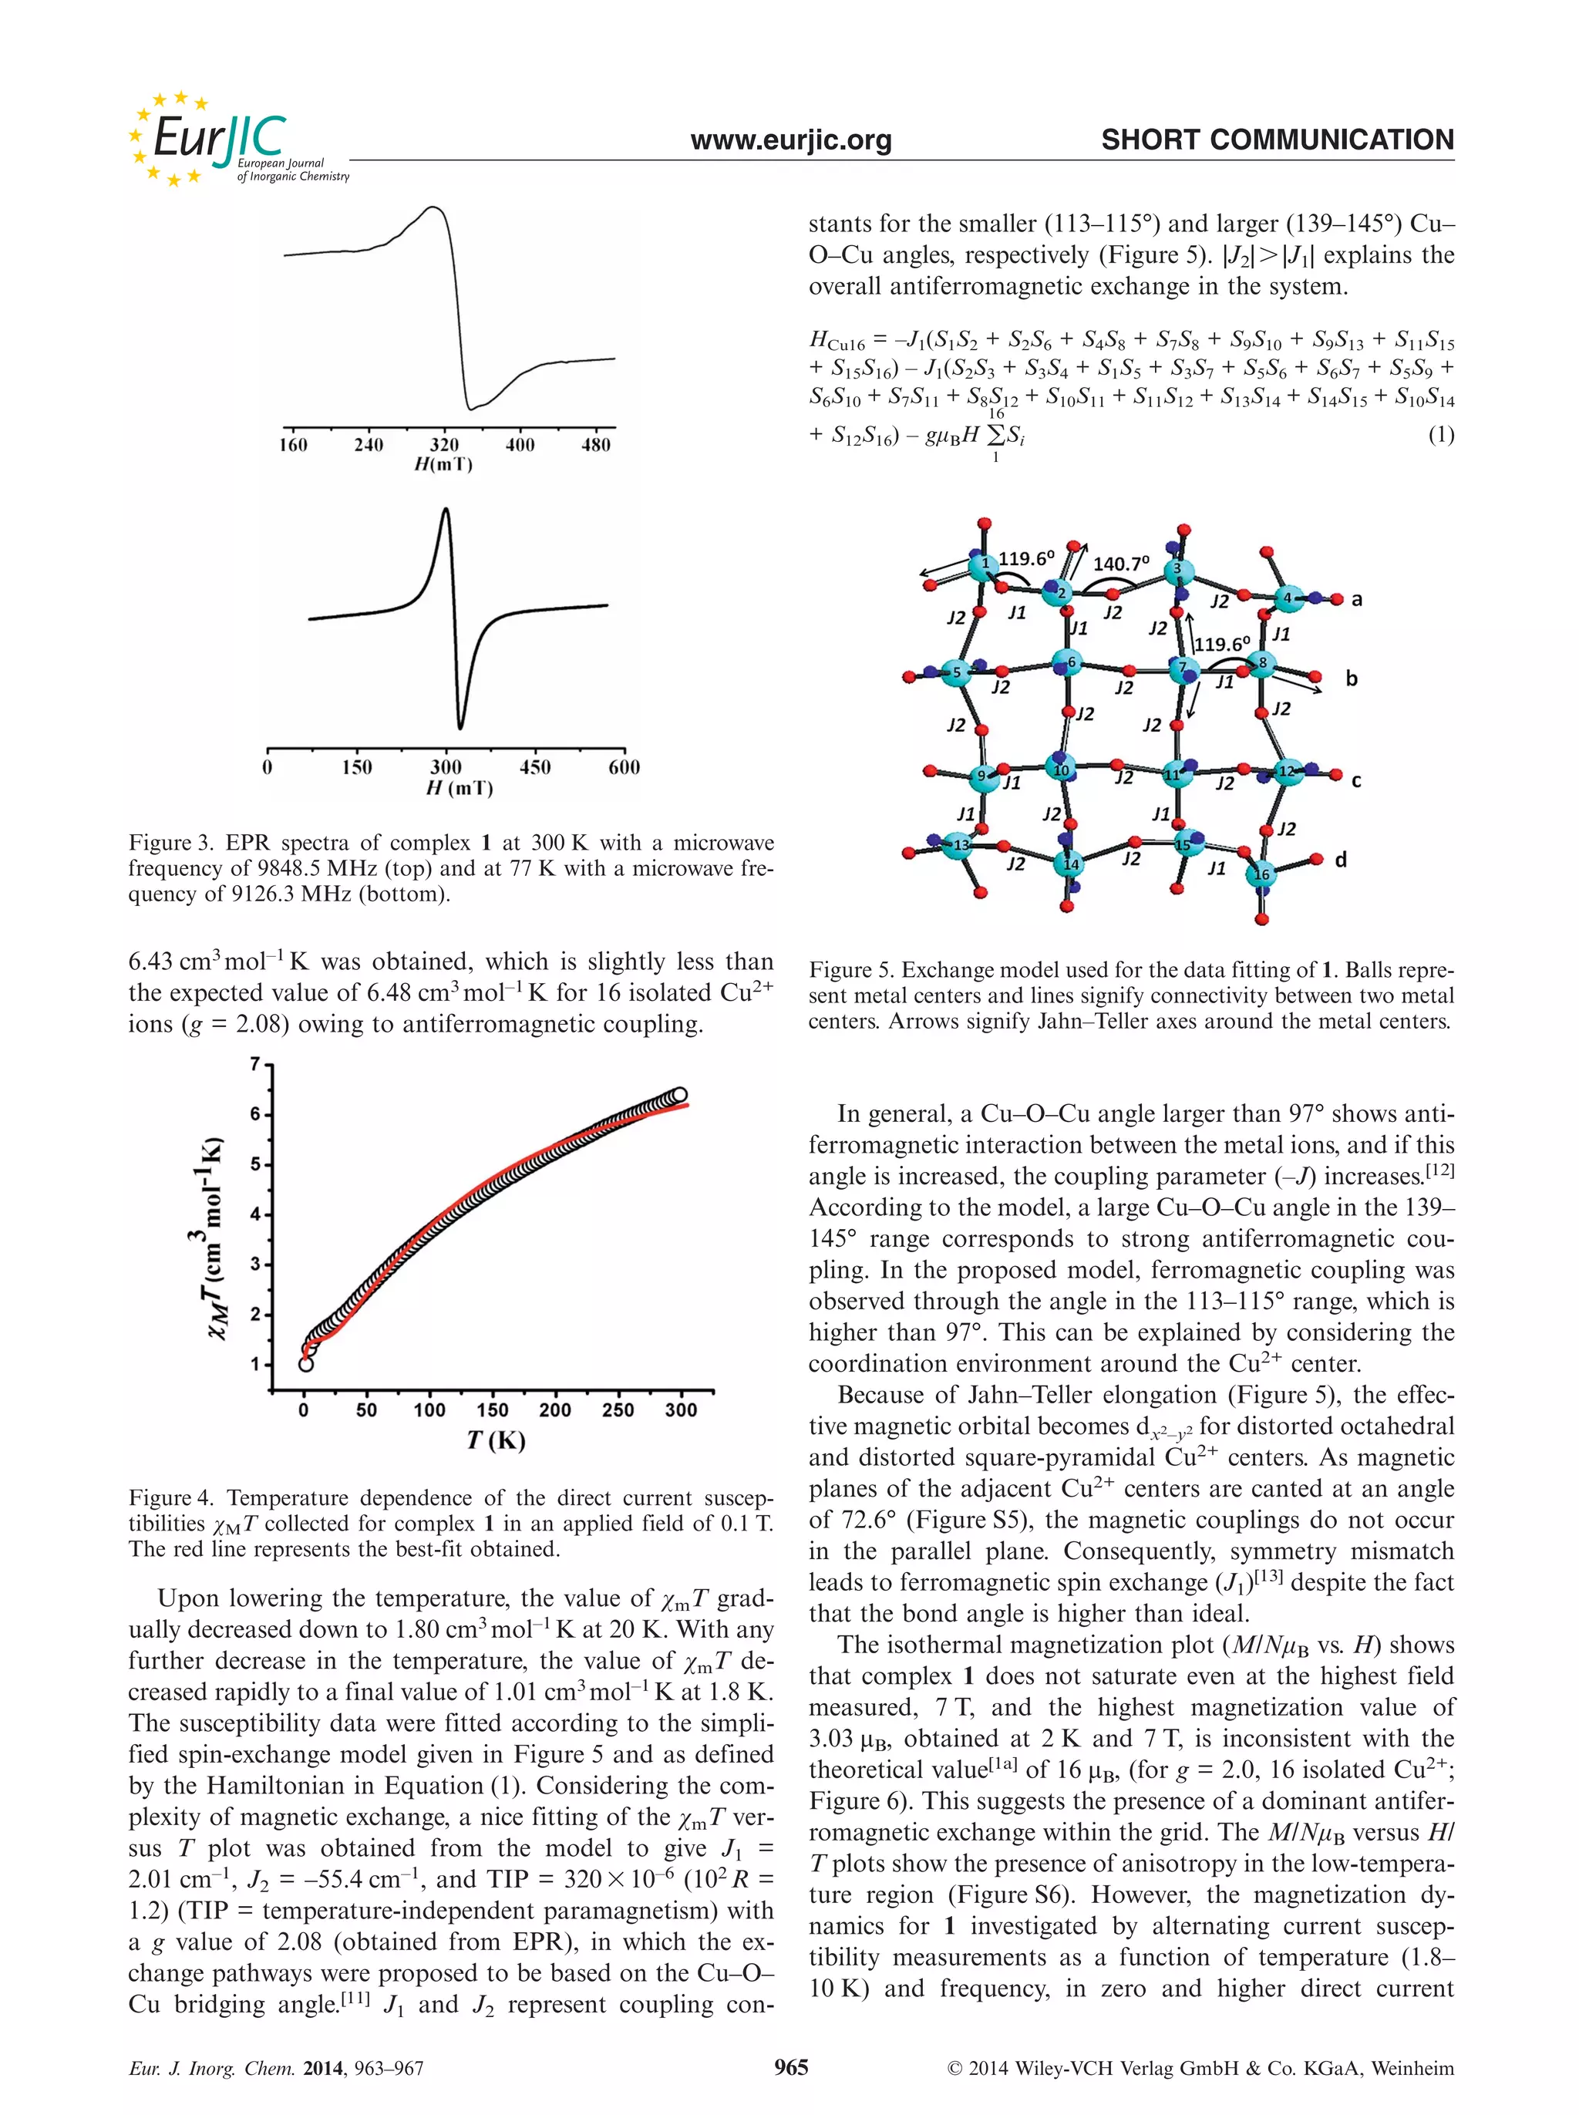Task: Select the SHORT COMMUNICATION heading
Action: point(1277,140)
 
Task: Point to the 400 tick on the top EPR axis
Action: point(520,444)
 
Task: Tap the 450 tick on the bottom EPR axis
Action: point(534,766)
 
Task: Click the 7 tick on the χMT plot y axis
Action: point(255,1064)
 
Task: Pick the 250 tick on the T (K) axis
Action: point(618,1409)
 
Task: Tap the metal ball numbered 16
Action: point(1261,874)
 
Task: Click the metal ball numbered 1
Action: point(984,564)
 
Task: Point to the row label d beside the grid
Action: point(1340,860)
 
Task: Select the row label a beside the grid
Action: point(1356,599)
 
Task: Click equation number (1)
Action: point(1439,435)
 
